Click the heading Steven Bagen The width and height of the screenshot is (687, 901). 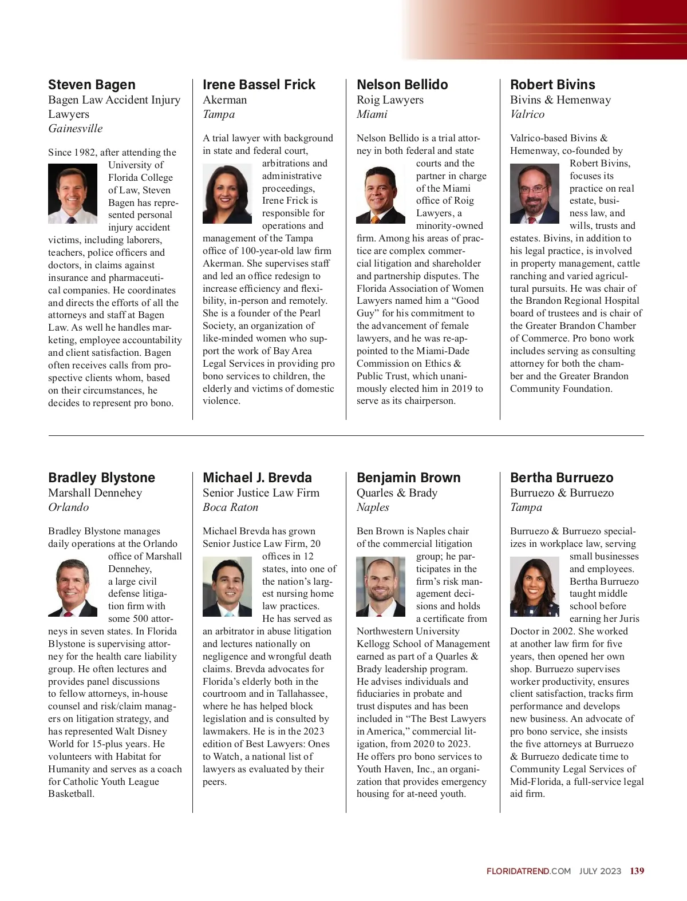pos(92,85)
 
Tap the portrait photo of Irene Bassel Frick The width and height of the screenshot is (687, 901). pos(227,193)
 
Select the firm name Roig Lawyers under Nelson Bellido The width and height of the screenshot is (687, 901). pos(390,100)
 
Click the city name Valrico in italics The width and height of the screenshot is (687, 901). pos(527,114)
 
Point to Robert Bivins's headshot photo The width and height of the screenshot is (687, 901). pos(535,193)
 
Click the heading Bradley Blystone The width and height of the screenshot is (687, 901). pos(101,478)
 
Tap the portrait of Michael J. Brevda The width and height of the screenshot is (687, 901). pos(227,586)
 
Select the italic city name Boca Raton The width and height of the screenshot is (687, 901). pos(230,507)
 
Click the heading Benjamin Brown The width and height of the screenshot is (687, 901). pos(408,478)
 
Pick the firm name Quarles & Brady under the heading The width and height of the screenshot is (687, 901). pos(397,493)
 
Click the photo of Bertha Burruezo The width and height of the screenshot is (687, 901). pos(535,586)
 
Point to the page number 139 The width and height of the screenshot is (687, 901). pos(637,871)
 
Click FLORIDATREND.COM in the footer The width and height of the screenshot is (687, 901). pos(528,871)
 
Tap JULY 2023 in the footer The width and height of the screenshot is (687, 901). pos(600,871)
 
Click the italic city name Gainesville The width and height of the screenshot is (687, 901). pos(76,128)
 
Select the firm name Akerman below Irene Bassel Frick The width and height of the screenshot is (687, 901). pos(224,100)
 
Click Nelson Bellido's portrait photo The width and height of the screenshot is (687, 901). pos(381,193)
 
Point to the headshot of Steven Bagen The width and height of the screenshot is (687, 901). pos(73,193)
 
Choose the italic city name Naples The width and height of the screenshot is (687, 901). pos(373,507)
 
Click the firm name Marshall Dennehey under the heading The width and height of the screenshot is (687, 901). pos(95,493)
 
